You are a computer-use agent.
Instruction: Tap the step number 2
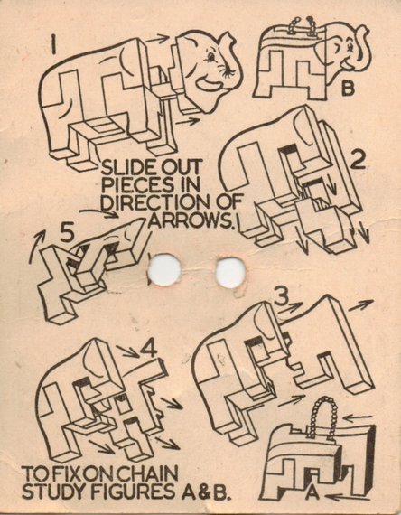(357, 161)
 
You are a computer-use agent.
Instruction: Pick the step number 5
(67, 233)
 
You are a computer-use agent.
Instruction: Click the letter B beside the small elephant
(348, 88)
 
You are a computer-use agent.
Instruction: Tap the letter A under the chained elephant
(312, 493)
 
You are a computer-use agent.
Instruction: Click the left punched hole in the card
(164, 269)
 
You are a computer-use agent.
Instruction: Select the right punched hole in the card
(230, 272)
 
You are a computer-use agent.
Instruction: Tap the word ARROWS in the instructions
(191, 221)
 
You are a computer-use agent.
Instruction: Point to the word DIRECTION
(155, 203)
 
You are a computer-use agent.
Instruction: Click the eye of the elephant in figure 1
(210, 58)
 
